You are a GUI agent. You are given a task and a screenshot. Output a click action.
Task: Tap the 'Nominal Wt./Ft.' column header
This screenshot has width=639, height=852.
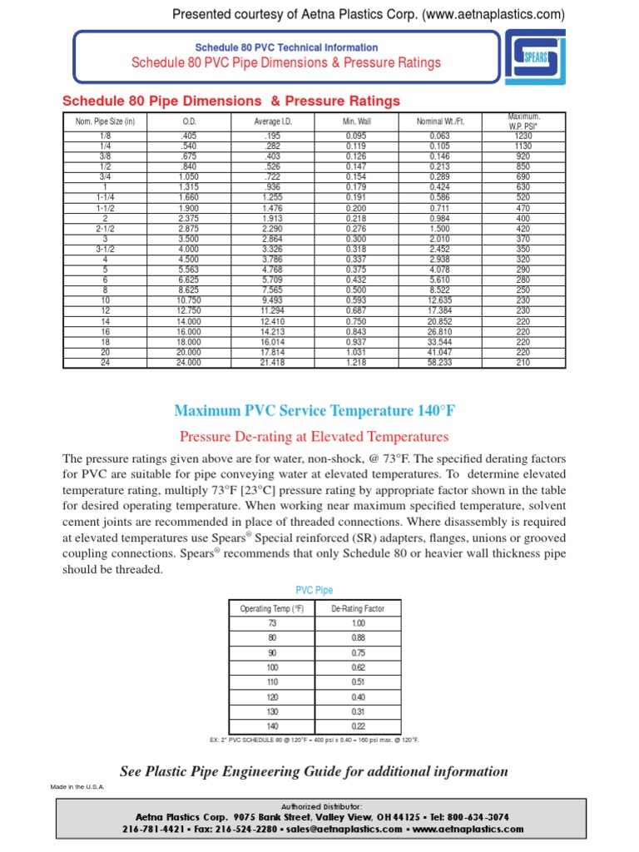(x=440, y=121)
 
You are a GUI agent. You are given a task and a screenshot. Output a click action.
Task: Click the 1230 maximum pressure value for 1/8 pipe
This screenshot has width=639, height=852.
(x=523, y=135)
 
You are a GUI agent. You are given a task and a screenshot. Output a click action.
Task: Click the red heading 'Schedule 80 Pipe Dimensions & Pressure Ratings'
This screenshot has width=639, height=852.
(x=231, y=101)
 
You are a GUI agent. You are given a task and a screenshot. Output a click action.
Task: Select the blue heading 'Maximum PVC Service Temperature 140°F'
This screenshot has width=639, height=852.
(x=315, y=411)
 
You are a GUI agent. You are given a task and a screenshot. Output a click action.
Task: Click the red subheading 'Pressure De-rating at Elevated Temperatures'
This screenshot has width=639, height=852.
(x=315, y=436)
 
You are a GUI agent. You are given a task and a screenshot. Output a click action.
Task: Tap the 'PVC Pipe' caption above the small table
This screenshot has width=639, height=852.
(x=315, y=590)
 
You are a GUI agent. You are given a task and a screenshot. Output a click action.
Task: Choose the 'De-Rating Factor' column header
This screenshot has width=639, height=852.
(x=358, y=608)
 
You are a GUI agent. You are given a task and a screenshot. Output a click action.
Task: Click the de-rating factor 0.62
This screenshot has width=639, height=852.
(x=358, y=668)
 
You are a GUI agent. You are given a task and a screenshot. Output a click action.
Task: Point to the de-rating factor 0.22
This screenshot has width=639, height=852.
(x=358, y=726)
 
